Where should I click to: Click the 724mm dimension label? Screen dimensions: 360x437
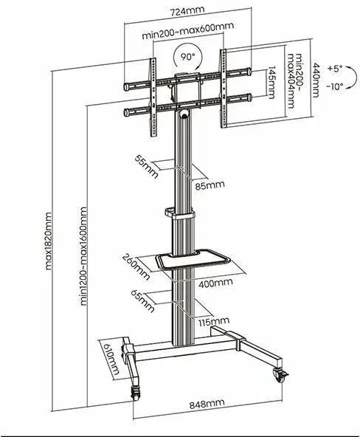pos(187,11)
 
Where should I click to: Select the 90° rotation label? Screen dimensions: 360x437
pos(188,57)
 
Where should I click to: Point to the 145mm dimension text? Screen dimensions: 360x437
pos(271,82)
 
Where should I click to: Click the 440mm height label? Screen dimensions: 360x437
pos(316,80)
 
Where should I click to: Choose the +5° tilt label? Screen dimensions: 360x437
pos(335,69)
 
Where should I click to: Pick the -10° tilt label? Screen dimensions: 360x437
pos(335,86)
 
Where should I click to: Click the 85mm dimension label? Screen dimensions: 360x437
pos(210,185)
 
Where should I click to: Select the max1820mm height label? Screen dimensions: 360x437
pos(49,241)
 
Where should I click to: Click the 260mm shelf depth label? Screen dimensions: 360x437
pos(136,266)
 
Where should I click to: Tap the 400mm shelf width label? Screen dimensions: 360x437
pos(215,283)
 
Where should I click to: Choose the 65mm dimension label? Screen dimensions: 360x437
pos(142,301)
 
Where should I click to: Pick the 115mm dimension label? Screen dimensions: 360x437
pos(214,322)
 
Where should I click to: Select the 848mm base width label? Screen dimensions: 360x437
pos(207,404)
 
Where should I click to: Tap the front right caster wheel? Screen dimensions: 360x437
pos(280,374)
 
